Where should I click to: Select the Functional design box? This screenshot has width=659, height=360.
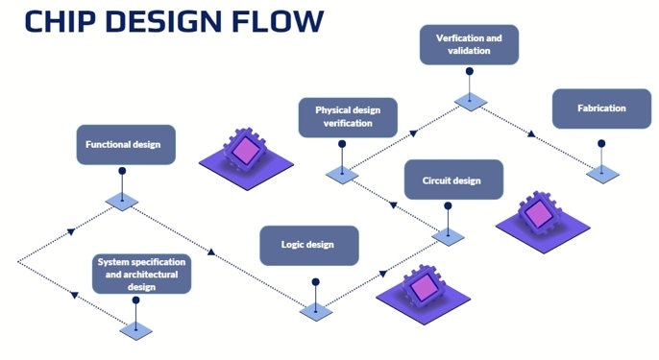pos(122,145)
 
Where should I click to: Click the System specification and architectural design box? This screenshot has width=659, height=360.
pos(142,273)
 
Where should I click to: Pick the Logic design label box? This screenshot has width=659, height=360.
pos(309,245)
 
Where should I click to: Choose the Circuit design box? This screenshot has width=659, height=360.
pos(451,180)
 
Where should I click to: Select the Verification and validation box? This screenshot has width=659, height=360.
pos(470,45)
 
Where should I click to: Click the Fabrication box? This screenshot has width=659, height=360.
pos(601,108)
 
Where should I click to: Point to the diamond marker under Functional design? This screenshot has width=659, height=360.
pos(122,201)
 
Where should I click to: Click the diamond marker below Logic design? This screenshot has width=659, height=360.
pos(315,311)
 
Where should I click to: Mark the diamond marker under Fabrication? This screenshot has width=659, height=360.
pos(602,174)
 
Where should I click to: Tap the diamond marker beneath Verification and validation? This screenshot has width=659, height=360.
pos(470,101)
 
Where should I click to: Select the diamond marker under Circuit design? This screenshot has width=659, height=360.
pos(447,235)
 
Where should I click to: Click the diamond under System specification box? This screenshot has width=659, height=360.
pos(135,330)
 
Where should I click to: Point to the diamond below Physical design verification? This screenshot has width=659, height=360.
pos(342,175)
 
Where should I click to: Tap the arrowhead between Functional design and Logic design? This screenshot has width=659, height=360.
pos(210,253)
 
